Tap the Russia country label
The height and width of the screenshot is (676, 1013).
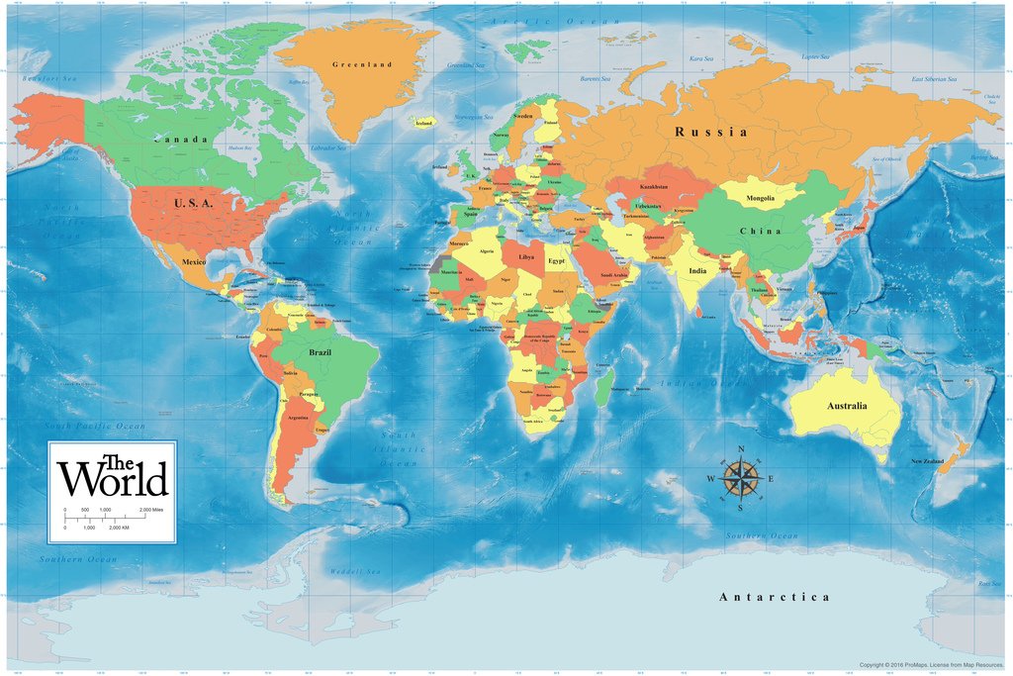(x=710, y=131)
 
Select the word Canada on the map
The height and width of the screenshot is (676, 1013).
(x=180, y=140)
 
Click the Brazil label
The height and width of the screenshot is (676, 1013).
(x=321, y=352)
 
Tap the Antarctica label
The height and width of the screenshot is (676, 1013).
(x=774, y=597)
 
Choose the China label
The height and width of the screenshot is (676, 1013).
(x=760, y=231)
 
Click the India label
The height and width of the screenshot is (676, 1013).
(x=698, y=270)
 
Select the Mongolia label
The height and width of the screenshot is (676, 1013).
(x=760, y=198)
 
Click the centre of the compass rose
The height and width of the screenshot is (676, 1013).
(x=740, y=479)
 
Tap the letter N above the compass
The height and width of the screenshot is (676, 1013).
(x=740, y=449)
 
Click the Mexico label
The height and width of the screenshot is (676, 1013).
(x=193, y=261)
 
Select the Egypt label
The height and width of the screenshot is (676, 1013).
(x=557, y=260)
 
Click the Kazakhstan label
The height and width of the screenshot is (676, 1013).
(x=657, y=186)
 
